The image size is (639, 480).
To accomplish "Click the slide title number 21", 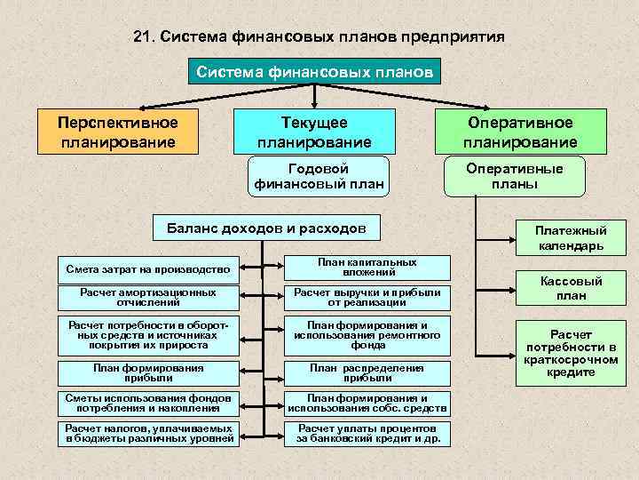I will (x=143, y=37).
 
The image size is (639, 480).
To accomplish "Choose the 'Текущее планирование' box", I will (x=313, y=132).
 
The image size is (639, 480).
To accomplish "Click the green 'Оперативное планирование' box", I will (x=520, y=132).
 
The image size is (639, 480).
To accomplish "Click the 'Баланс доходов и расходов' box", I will (x=266, y=228).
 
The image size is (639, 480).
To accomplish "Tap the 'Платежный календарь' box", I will (x=571, y=237).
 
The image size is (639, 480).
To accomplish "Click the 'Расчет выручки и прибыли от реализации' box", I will (x=367, y=297).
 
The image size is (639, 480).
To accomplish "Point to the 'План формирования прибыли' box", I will (x=148, y=372).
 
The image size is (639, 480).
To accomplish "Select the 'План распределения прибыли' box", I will (x=367, y=372).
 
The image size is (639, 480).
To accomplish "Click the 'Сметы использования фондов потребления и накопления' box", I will (x=148, y=403).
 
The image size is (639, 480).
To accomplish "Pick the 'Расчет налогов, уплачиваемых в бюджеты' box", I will (x=148, y=433).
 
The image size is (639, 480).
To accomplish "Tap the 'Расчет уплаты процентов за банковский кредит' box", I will (x=367, y=433).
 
